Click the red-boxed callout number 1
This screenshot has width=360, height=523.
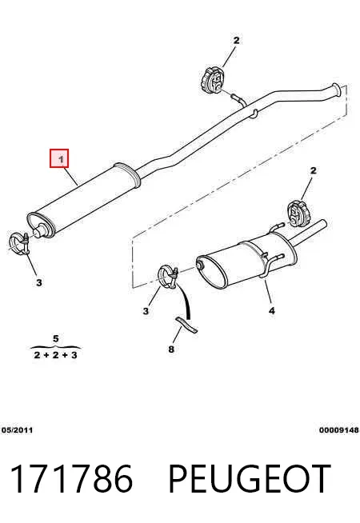click(59, 158)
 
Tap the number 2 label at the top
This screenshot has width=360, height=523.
click(236, 41)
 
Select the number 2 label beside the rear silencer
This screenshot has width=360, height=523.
click(313, 171)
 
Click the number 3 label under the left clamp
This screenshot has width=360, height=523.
click(39, 283)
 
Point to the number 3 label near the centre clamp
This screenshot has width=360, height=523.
click(146, 311)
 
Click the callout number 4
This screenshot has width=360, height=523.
click(272, 311)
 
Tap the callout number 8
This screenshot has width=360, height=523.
click(171, 349)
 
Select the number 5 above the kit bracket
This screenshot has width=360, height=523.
click(56, 339)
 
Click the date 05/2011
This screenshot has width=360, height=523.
click(18, 430)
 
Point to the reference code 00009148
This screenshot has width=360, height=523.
click(339, 430)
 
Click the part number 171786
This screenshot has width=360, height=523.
click(72, 479)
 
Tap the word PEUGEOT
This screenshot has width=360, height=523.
click(250, 479)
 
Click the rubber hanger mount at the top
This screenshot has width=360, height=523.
click(212, 80)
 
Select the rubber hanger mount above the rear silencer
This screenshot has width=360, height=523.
click(298, 214)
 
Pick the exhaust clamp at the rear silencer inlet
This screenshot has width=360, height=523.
click(169, 276)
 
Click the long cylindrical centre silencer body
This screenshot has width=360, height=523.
click(83, 201)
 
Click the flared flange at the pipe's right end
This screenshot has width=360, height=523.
click(336, 90)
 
